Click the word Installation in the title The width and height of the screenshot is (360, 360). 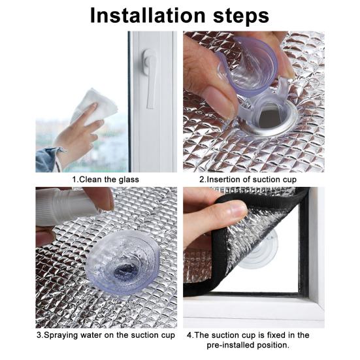(x=148, y=16)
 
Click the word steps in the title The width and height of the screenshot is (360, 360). (x=241, y=16)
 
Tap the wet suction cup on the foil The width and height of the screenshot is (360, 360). (x=122, y=263)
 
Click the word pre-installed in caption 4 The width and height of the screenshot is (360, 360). (x=231, y=345)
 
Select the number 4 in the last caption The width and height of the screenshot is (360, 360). (x=189, y=335)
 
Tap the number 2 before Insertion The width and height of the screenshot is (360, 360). (x=202, y=179)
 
